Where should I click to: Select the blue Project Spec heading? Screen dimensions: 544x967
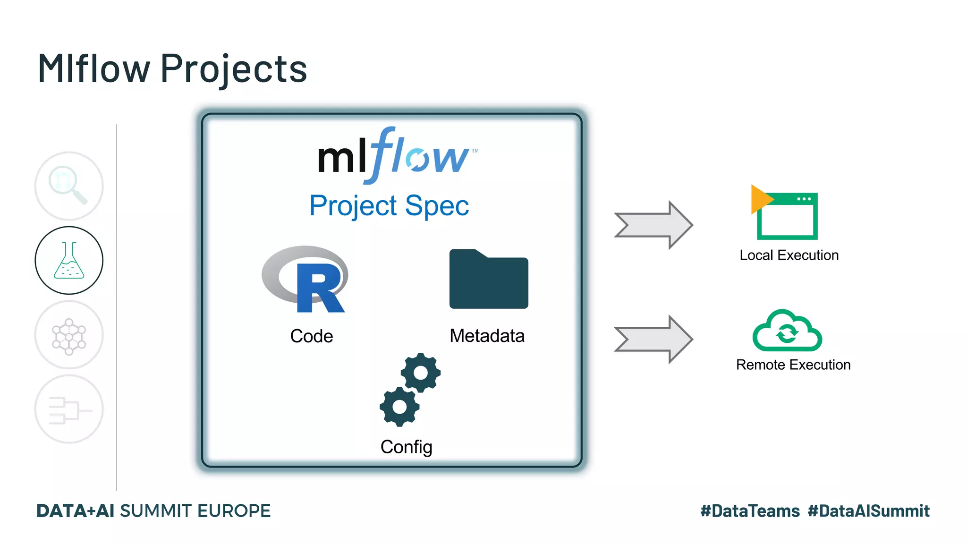[389, 206]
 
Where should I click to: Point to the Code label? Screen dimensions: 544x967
[311, 336]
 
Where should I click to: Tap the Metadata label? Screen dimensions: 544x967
[487, 336]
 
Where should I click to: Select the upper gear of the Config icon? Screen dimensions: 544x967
[420, 373]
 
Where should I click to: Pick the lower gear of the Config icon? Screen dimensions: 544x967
[399, 407]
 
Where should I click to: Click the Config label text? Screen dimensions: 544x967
[406, 447]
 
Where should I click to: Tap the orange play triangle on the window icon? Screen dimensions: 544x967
[760, 199]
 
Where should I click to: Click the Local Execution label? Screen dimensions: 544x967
[789, 255]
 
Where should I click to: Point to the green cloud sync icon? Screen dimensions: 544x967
[787, 331]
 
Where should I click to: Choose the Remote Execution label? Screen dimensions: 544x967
[793, 365]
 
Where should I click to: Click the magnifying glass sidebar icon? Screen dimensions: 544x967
[69, 186]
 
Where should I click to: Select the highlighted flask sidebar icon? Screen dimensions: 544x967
[69, 260]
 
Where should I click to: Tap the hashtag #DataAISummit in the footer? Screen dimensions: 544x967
[868, 511]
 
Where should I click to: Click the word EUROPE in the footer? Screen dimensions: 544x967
[234, 511]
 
